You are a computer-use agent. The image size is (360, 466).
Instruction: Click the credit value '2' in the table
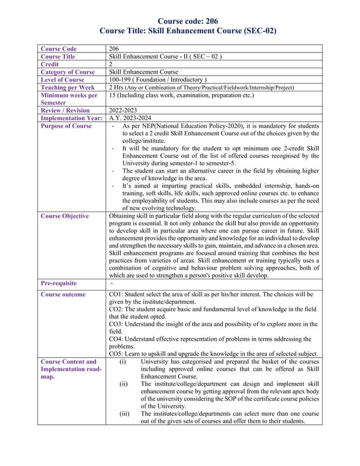tap(110, 64)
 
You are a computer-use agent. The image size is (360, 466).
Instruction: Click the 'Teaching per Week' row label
tap(67, 87)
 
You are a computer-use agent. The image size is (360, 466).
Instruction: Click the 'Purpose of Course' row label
tap(65, 126)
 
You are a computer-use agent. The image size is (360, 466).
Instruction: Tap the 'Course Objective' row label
tap(64, 216)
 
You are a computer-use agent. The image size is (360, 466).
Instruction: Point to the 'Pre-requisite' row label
tap(58, 283)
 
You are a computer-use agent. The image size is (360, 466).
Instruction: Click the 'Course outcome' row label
tap(63, 294)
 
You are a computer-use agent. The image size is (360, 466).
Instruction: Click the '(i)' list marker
tap(123, 362)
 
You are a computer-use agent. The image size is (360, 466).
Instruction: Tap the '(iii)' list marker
tap(124, 414)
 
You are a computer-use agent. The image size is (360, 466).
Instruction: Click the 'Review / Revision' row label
tap(65, 111)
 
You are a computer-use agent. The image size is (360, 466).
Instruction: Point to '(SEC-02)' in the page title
tap(257, 32)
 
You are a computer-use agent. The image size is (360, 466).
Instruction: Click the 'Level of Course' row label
tap(62, 80)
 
